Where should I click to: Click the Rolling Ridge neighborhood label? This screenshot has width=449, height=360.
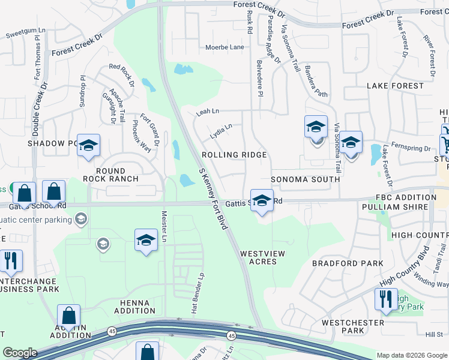point(234,155)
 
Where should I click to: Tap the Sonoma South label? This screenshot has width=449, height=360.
point(306,179)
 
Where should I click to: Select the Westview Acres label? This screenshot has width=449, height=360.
point(262,258)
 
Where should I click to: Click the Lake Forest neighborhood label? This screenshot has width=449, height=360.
point(395,86)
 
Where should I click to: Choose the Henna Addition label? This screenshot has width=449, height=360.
point(129,306)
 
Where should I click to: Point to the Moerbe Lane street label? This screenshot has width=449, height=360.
point(224,47)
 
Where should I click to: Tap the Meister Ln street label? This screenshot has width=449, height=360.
point(163,227)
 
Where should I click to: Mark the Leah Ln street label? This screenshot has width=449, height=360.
point(208,112)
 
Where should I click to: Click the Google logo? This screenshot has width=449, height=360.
point(20,353)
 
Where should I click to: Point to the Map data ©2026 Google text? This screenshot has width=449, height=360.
point(411,355)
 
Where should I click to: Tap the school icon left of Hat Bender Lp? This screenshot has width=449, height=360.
point(146,241)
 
